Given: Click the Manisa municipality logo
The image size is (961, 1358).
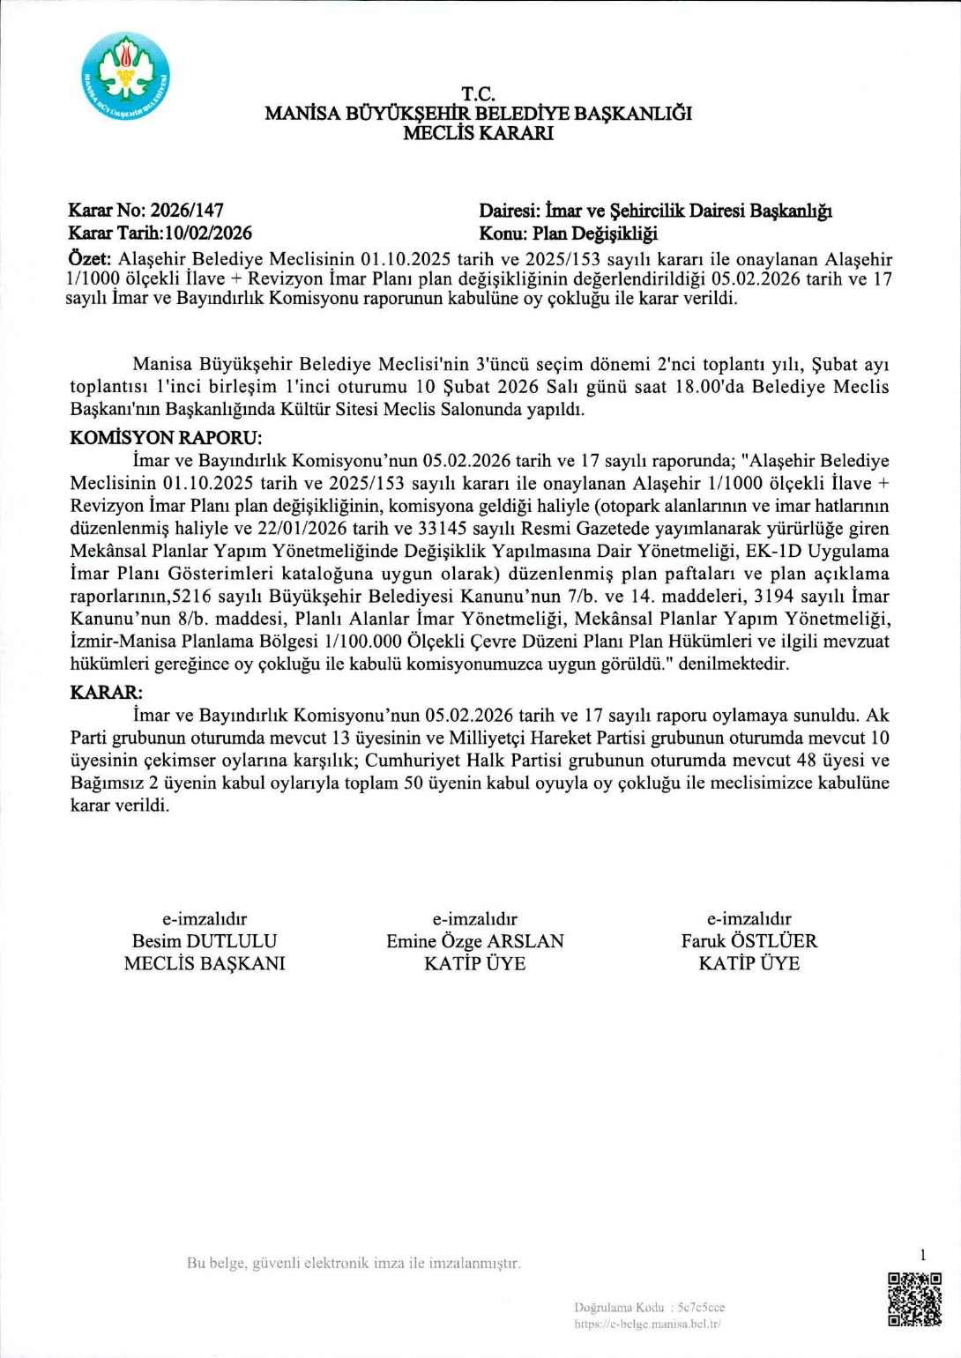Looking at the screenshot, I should pos(125,77).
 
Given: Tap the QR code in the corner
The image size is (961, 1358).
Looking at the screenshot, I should pos(914,1299).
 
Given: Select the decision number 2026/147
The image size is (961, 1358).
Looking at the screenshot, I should pos(187,211).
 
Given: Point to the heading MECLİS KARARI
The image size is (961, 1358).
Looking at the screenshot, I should pos(478,134).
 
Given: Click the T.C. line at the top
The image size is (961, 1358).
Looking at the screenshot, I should pos(478,94).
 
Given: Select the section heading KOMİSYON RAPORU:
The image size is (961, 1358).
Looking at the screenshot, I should pos(166,438).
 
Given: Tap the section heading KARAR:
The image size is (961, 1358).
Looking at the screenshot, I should pos(106,693).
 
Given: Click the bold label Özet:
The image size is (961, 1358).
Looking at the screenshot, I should pos(89,260).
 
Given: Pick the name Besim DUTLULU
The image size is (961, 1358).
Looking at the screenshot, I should pos(205,941).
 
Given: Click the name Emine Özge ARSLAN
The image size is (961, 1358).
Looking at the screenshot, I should pos(475,941).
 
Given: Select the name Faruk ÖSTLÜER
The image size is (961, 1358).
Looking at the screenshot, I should pos(749,941).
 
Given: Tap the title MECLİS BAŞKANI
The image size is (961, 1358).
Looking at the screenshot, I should pos(205,963).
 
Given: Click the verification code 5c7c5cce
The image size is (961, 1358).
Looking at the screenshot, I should pos(701,1308).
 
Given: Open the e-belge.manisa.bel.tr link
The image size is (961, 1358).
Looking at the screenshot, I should pos(647,1324).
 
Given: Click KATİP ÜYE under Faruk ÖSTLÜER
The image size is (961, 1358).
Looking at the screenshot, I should pos(749,963).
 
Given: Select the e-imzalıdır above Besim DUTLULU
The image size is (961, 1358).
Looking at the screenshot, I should pos(205,918).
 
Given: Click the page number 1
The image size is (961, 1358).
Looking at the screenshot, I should pos(923,1255).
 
